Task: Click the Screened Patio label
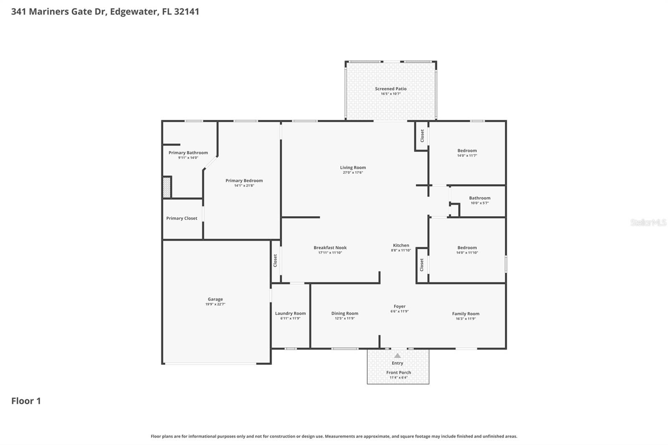(x=390, y=88)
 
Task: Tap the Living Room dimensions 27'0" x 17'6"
(x=353, y=172)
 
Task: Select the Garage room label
(x=215, y=299)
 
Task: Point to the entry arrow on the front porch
(x=397, y=356)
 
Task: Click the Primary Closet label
(x=182, y=218)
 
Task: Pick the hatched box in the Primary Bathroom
(x=167, y=187)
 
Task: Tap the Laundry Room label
(x=290, y=313)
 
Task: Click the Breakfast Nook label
(x=330, y=248)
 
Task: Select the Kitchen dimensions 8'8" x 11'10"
(x=401, y=250)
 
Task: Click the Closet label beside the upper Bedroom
(x=422, y=135)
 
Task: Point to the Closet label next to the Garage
(x=275, y=260)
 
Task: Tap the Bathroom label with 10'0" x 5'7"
(x=479, y=198)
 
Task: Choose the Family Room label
(x=466, y=314)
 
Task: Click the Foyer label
(x=400, y=306)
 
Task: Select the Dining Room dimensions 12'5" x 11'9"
(x=344, y=319)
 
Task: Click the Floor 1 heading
(x=26, y=401)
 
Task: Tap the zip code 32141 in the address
(x=186, y=11)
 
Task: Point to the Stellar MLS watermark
(x=648, y=222)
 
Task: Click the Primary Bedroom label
(x=244, y=180)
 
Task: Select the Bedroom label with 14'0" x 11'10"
(x=467, y=248)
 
